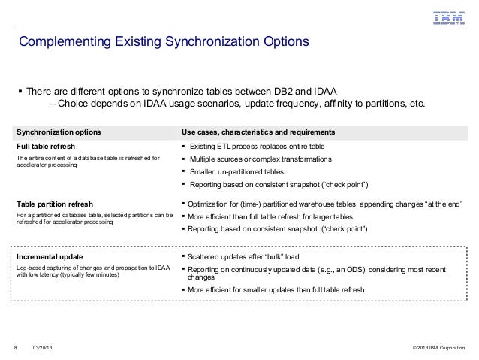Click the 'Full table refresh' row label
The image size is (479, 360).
coord(46,146)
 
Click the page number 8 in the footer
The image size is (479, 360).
coord(15,347)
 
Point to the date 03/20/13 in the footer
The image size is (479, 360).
coord(43,347)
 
